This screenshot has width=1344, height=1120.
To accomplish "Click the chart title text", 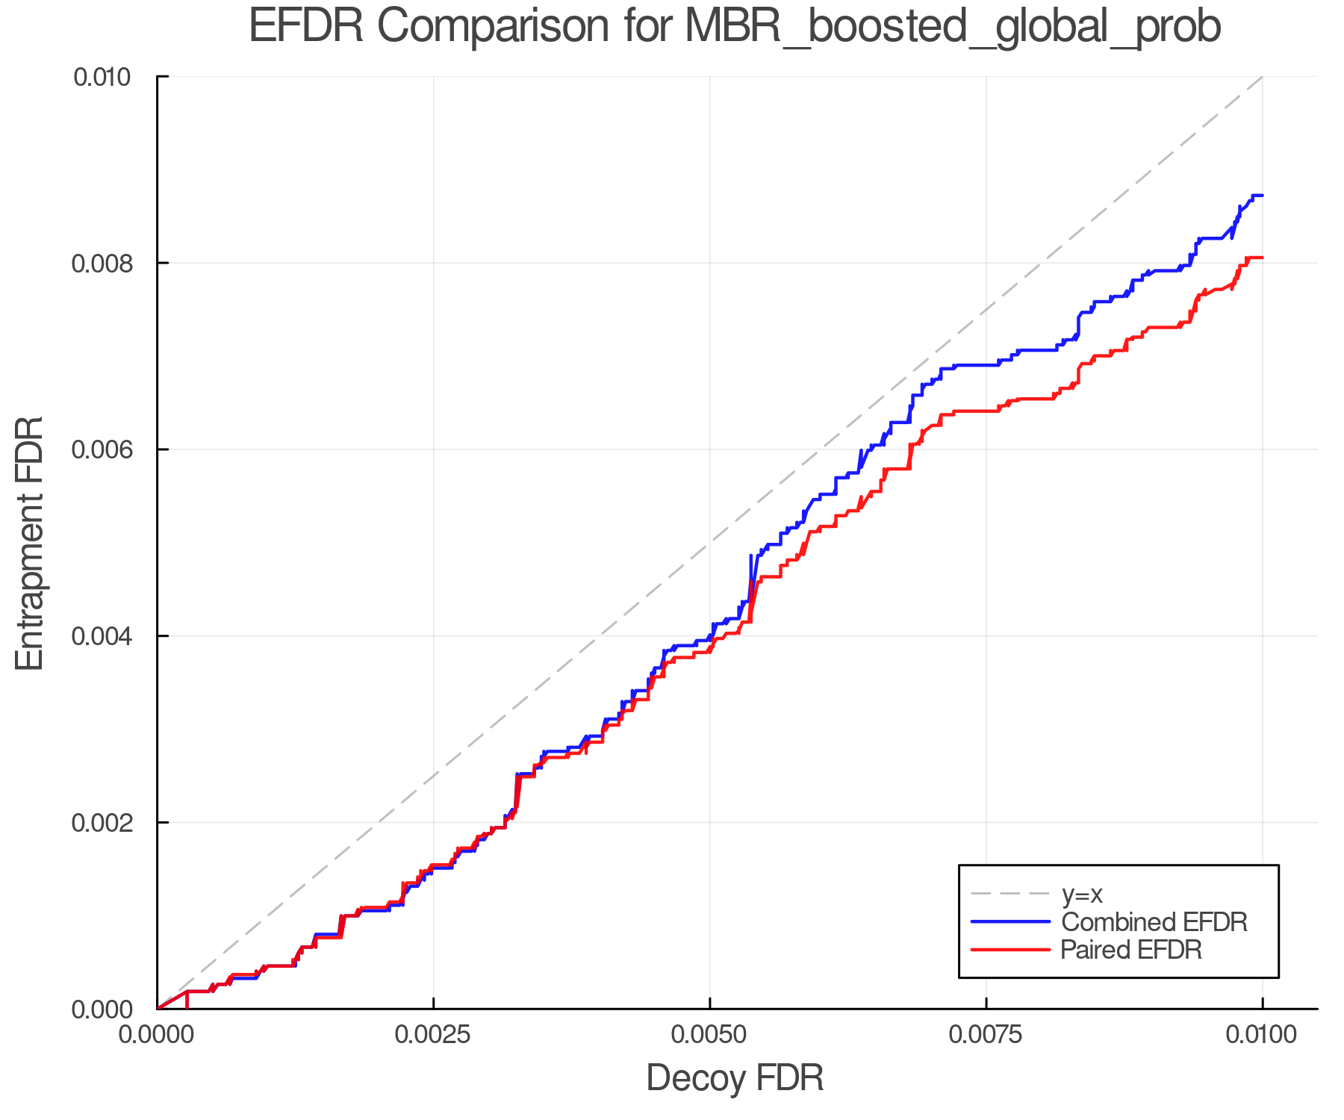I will pos(735,27).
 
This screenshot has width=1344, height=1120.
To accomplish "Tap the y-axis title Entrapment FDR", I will pos(30,543).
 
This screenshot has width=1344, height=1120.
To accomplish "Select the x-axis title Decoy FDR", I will pos(735,1077).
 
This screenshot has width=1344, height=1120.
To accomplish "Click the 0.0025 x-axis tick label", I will pos(433,1034).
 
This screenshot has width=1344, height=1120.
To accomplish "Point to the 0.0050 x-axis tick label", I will pos(709,1034).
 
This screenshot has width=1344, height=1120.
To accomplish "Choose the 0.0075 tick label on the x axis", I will pos(986,1034).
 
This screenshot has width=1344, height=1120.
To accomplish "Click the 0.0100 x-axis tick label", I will pos(1262,1034).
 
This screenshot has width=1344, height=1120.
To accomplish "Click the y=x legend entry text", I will pos(1082,894).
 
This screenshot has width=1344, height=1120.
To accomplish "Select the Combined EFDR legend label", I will pos(1154,922).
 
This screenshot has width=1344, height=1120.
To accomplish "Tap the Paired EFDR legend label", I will pos(1131,950).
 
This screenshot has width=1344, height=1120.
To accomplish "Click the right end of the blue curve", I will pos(1262,196).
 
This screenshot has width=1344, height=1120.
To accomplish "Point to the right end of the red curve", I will pos(1262,258).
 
